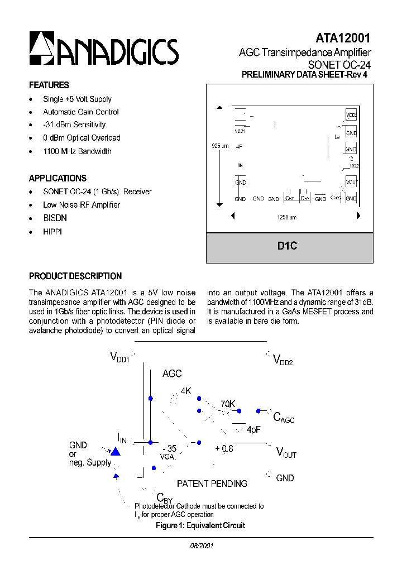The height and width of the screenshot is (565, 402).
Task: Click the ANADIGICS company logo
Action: point(104,49)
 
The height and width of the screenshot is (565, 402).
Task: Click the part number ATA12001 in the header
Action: point(343,38)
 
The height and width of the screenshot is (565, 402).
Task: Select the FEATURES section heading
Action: point(49,85)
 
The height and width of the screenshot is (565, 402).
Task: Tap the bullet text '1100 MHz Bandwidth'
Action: point(77,151)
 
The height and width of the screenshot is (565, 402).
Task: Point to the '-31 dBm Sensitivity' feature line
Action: point(74,125)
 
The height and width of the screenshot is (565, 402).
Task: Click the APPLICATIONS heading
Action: point(58,179)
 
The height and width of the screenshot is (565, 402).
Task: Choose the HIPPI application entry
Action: point(52,231)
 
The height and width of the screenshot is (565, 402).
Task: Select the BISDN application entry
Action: point(54,218)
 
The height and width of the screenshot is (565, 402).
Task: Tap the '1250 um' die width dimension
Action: point(286,217)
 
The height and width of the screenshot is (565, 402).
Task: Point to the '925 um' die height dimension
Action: point(220,146)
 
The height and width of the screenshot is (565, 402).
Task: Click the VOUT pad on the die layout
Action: point(351,182)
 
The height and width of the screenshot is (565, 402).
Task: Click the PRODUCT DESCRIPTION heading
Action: point(75,276)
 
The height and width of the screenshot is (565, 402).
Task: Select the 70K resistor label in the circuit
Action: point(228,404)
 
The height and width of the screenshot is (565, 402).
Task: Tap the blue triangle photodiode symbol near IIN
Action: point(116,451)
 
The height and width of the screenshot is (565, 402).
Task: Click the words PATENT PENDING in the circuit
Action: point(212,483)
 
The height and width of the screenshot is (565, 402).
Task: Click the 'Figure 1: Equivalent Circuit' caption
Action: point(200,525)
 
